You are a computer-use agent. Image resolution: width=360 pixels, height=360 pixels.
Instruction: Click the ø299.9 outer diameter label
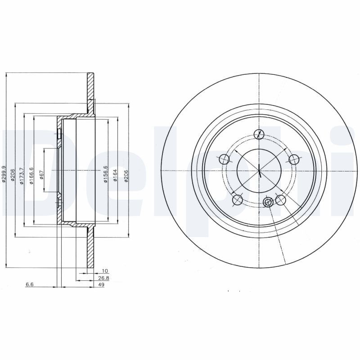tap(4, 173)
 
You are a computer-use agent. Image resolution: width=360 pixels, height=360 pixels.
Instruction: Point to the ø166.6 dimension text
tap(31, 173)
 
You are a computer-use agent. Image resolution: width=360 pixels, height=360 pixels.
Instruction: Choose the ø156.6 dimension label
tap(105, 173)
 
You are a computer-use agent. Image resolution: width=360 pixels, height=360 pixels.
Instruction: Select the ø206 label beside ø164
tap(126, 174)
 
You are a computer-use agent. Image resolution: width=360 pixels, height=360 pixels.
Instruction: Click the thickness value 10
tap(104, 271)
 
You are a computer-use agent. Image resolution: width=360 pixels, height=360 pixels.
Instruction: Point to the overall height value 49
tap(101, 285)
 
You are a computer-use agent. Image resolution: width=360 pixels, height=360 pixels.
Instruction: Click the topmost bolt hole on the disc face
tap(259, 134)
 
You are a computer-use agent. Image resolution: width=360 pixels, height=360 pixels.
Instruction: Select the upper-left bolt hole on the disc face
tap(224, 159)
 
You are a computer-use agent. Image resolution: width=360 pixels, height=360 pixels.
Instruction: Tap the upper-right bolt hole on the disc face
tap(294, 159)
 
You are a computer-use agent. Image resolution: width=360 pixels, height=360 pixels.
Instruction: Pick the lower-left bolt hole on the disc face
tap(237, 199)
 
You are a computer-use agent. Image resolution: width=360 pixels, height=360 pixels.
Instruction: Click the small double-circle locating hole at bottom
tap(268, 202)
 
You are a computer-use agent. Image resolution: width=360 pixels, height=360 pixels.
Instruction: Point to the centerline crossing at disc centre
tap(259, 171)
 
